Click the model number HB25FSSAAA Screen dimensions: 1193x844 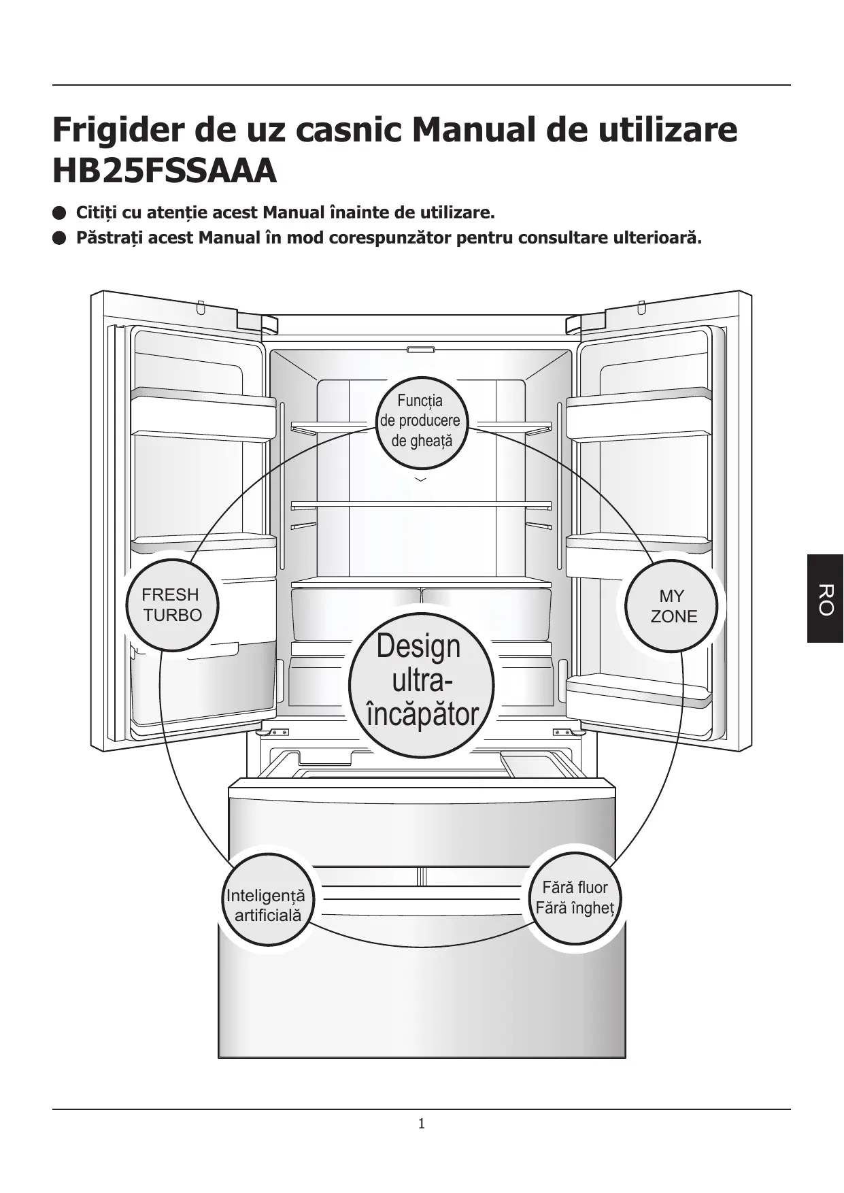pos(165,171)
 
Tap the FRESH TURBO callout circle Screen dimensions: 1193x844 pos(172,605)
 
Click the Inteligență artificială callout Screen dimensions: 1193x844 pos(267,899)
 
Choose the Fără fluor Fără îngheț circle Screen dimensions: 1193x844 pos(575,898)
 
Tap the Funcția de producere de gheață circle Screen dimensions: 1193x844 pos(421,421)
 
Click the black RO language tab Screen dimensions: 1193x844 pos(825,599)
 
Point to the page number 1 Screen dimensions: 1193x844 pos(422,1124)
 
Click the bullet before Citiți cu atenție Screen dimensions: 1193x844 pos(59,213)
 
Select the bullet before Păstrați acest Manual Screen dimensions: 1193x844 pos(59,238)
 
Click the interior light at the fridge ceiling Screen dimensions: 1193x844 pos(421,350)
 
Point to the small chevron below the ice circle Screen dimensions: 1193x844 pos(421,480)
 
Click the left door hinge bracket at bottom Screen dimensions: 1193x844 pos(276,733)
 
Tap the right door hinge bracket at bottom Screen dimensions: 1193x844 pos(567,733)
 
